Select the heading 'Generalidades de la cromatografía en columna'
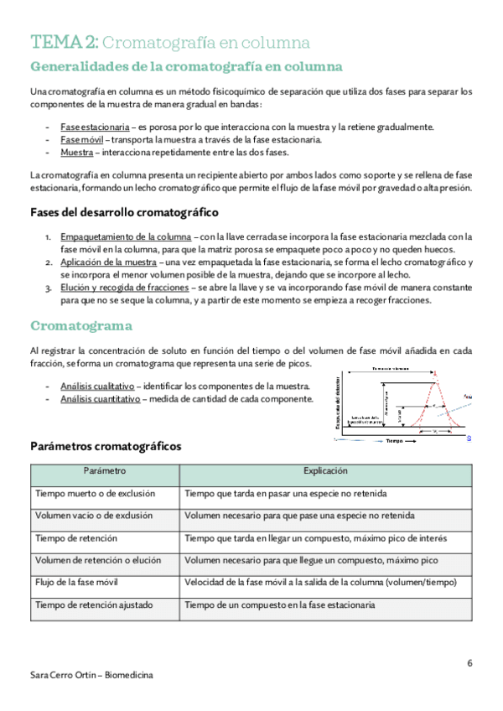[x=185, y=66]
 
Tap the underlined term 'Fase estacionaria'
[x=95, y=127]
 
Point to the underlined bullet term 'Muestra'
[x=76, y=152]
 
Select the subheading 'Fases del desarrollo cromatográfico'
[x=124, y=212]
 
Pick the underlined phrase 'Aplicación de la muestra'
[x=108, y=262]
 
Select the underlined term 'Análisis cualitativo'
[x=97, y=386]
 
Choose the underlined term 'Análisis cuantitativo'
[x=99, y=399]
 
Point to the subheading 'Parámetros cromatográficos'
[x=105, y=447]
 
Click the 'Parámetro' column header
[x=105, y=472]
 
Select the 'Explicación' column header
[x=326, y=472]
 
